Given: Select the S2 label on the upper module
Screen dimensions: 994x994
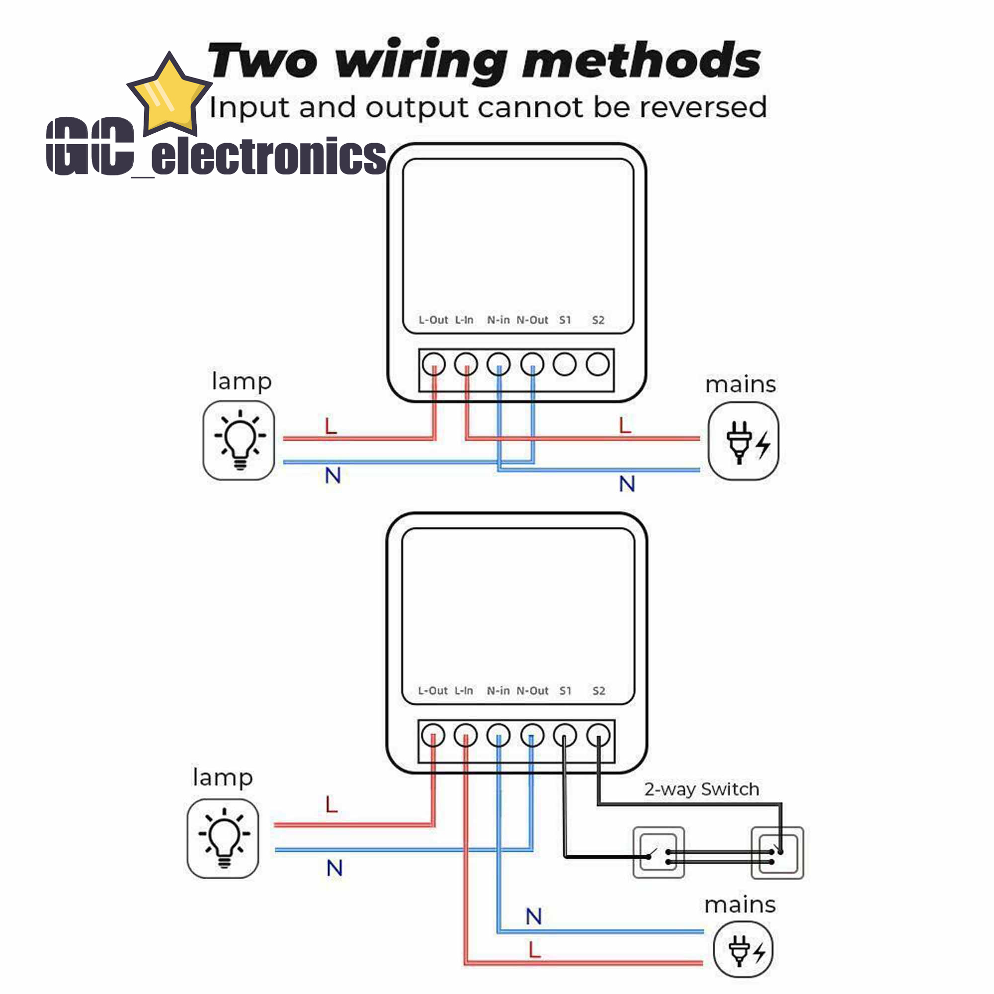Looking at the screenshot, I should (598, 320).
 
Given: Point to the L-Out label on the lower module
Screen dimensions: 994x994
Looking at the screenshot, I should (433, 690).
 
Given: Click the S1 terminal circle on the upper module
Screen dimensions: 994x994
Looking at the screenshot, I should (565, 364).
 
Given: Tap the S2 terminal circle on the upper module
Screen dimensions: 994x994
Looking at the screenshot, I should (597, 364).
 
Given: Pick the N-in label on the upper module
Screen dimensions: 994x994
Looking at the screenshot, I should (498, 320).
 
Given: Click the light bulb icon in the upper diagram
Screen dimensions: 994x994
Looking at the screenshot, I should (239, 440).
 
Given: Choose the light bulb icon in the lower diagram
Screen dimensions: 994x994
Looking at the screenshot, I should (223, 838).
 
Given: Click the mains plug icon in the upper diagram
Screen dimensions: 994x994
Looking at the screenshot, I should (743, 441).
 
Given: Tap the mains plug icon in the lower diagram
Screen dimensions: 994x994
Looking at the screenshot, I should (743, 949).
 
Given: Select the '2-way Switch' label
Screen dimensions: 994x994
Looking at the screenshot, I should (701, 789).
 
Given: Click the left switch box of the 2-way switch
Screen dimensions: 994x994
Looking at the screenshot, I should (659, 852).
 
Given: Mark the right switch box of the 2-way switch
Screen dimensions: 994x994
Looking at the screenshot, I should (777, 852).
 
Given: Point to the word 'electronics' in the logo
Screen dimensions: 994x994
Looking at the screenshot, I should (268, 156).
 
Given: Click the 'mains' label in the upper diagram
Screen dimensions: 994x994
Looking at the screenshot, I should (741, 385).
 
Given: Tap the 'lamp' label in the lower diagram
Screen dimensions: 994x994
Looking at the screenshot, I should (223, 777).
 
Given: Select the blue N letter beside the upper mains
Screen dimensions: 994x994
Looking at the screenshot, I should (627, 484).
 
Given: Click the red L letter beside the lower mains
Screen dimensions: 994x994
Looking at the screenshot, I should (535, 949).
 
